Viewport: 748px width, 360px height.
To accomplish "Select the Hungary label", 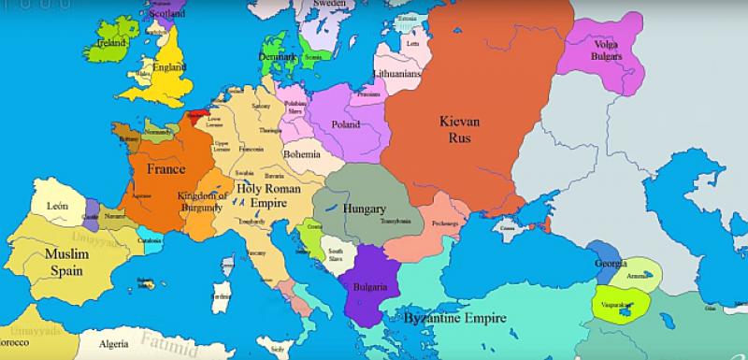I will (363, 209).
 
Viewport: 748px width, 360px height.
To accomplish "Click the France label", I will (165, 169).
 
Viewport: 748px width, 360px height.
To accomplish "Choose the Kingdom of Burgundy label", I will (201, 201).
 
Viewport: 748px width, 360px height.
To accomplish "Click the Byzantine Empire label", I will (455, 318).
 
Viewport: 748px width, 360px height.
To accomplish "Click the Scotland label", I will (165, 14).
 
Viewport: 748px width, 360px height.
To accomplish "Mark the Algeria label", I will (113, 343).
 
